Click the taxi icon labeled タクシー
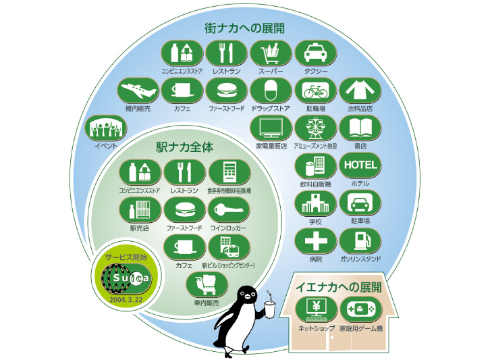315,53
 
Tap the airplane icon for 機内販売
138,91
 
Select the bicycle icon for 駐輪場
316,91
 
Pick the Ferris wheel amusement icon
316,128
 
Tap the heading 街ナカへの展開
244,28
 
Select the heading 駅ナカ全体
183,146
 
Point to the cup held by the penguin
271,309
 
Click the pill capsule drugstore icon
270,91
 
